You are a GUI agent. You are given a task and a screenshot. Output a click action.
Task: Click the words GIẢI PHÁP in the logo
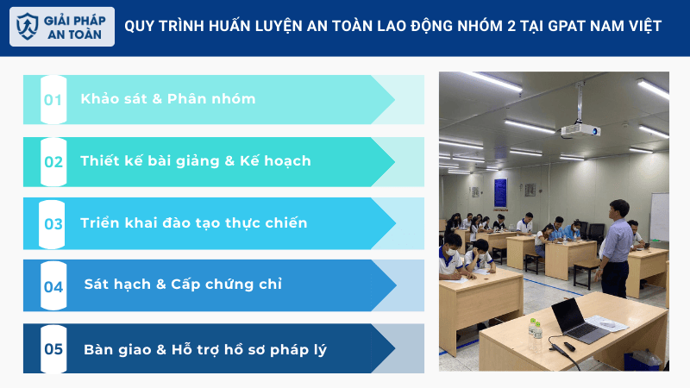click(75, 19)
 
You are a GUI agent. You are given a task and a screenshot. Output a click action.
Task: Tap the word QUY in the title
click(140, 26)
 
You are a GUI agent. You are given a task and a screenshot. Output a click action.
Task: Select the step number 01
click(53, 99)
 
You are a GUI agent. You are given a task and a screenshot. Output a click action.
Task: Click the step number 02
click(53, 161)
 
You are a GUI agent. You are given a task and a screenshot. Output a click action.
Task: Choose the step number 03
click(53, 224)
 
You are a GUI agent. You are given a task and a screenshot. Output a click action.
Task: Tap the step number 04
click(53, 286)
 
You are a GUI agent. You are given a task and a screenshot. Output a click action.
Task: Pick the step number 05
click(53, 349)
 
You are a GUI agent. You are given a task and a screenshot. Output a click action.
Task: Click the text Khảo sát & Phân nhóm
click(168, 98)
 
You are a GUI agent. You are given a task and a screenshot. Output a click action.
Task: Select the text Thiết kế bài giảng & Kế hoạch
click(196, 161)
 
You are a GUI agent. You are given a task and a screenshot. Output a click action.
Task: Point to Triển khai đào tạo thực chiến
click(193, 223)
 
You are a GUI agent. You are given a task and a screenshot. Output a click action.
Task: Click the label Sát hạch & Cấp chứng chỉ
click(183, 285)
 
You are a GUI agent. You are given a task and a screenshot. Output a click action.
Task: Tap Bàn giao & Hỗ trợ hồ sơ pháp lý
click(205, 349)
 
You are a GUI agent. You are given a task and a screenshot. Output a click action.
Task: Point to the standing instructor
click(616, 247)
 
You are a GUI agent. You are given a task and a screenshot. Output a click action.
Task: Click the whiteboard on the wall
click(659, 216)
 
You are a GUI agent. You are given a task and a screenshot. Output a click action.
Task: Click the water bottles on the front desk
click(535, 328)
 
